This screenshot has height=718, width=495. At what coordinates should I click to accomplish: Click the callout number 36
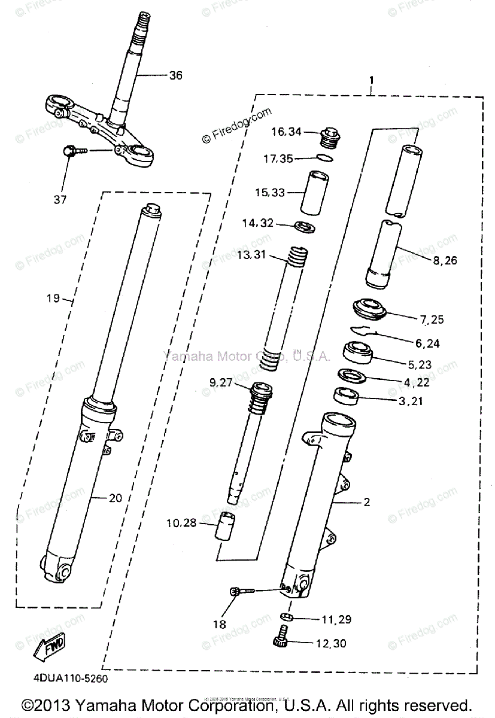[175, 76]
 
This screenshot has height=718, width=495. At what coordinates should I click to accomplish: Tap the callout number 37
[60, 199]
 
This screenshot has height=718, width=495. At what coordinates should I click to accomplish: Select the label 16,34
[287, 133]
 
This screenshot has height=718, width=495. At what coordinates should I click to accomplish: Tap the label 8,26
[444, 261]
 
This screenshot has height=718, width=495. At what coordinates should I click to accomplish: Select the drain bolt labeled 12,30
[281, 642]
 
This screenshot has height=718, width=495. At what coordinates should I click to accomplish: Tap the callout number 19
[53, 297]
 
